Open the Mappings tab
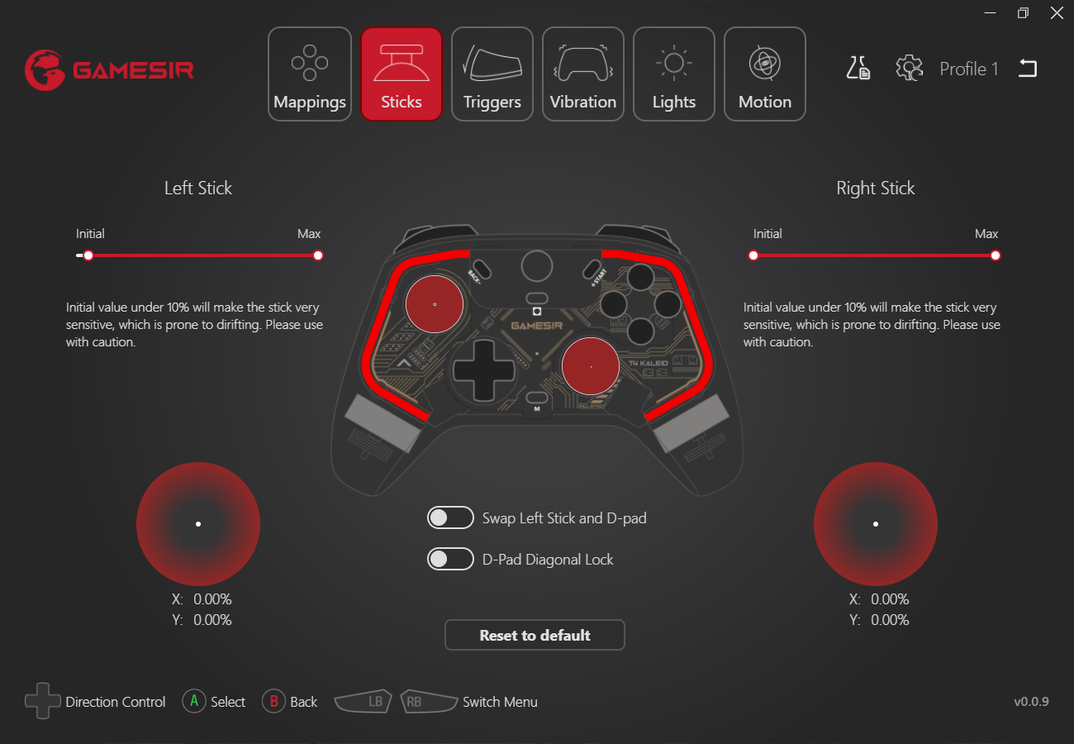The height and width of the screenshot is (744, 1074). pos(310,74)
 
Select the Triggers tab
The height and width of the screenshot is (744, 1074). pos(492,74)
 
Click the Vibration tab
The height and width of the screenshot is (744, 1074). pos(583,74)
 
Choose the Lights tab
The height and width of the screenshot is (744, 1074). pos(674,74)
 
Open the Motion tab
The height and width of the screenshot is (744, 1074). pos(765,74)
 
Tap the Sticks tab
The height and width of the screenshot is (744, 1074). pos(402,74)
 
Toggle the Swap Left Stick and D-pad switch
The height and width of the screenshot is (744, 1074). pos(450,518)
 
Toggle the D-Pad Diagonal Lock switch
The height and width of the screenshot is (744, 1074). pos(450,560)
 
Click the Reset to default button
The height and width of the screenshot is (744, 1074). pos(535,635)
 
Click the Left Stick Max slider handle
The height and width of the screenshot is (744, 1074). pos(318,255)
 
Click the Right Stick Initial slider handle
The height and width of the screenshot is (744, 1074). pos(753,255)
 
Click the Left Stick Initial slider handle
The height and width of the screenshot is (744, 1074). pos(88,255)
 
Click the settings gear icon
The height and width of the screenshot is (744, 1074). pos(909,69)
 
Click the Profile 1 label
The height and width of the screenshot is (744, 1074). pos(969,69)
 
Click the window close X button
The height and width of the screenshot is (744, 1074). pos(1057,13)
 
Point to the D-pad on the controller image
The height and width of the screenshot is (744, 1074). pos(483,371)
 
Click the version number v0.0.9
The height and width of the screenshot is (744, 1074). pos(1031,702)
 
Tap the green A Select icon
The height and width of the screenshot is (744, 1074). pos(194,702)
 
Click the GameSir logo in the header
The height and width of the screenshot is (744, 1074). pos(109,70)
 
